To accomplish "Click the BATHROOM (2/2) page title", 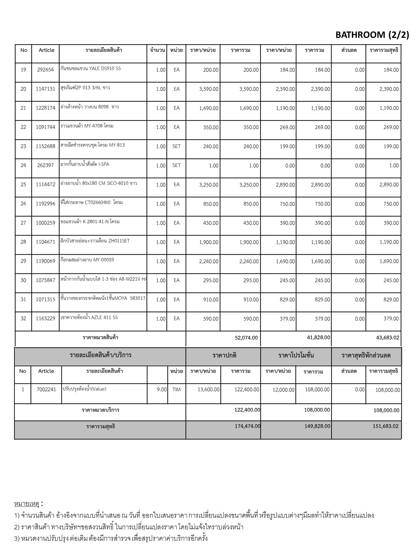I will click(x=372, y=35).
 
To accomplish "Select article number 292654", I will click(x=45, y=70).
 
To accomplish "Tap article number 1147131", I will click(x=45, y=89).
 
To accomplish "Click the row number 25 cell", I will click(x=23, y=185).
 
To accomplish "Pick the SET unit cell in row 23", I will click(x=176, y=146).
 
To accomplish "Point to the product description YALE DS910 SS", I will click(x=91, y=69).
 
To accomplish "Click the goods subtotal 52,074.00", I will click(x=246, y=338).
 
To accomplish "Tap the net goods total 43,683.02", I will click(x=387, y=338).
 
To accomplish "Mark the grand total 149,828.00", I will click(x=317, y=426).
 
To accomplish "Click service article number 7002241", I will click(x=46, y=389).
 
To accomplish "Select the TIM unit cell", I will click(x=176, y=389).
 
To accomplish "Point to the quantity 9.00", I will click(x=162, y=389).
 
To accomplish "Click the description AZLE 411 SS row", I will click(x=89, y=317).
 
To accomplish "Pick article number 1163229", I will click(x=45, y=319).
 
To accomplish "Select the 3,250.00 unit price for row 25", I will click(x=209, y=185).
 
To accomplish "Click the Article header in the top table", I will click(x=46, y=50).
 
